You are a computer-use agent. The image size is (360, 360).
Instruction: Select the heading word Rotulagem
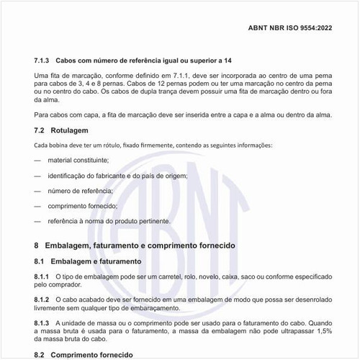[70, 130]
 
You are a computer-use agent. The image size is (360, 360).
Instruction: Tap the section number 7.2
[40, 130]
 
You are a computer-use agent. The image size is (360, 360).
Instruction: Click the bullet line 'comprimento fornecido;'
[83, 206]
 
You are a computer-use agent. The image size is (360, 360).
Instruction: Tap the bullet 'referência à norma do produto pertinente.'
[109, 221]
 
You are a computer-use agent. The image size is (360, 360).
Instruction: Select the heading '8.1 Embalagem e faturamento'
[87, 261]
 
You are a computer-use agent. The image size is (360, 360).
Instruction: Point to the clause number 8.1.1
[42, 276]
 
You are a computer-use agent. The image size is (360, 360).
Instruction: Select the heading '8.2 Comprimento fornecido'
[84, 354]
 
